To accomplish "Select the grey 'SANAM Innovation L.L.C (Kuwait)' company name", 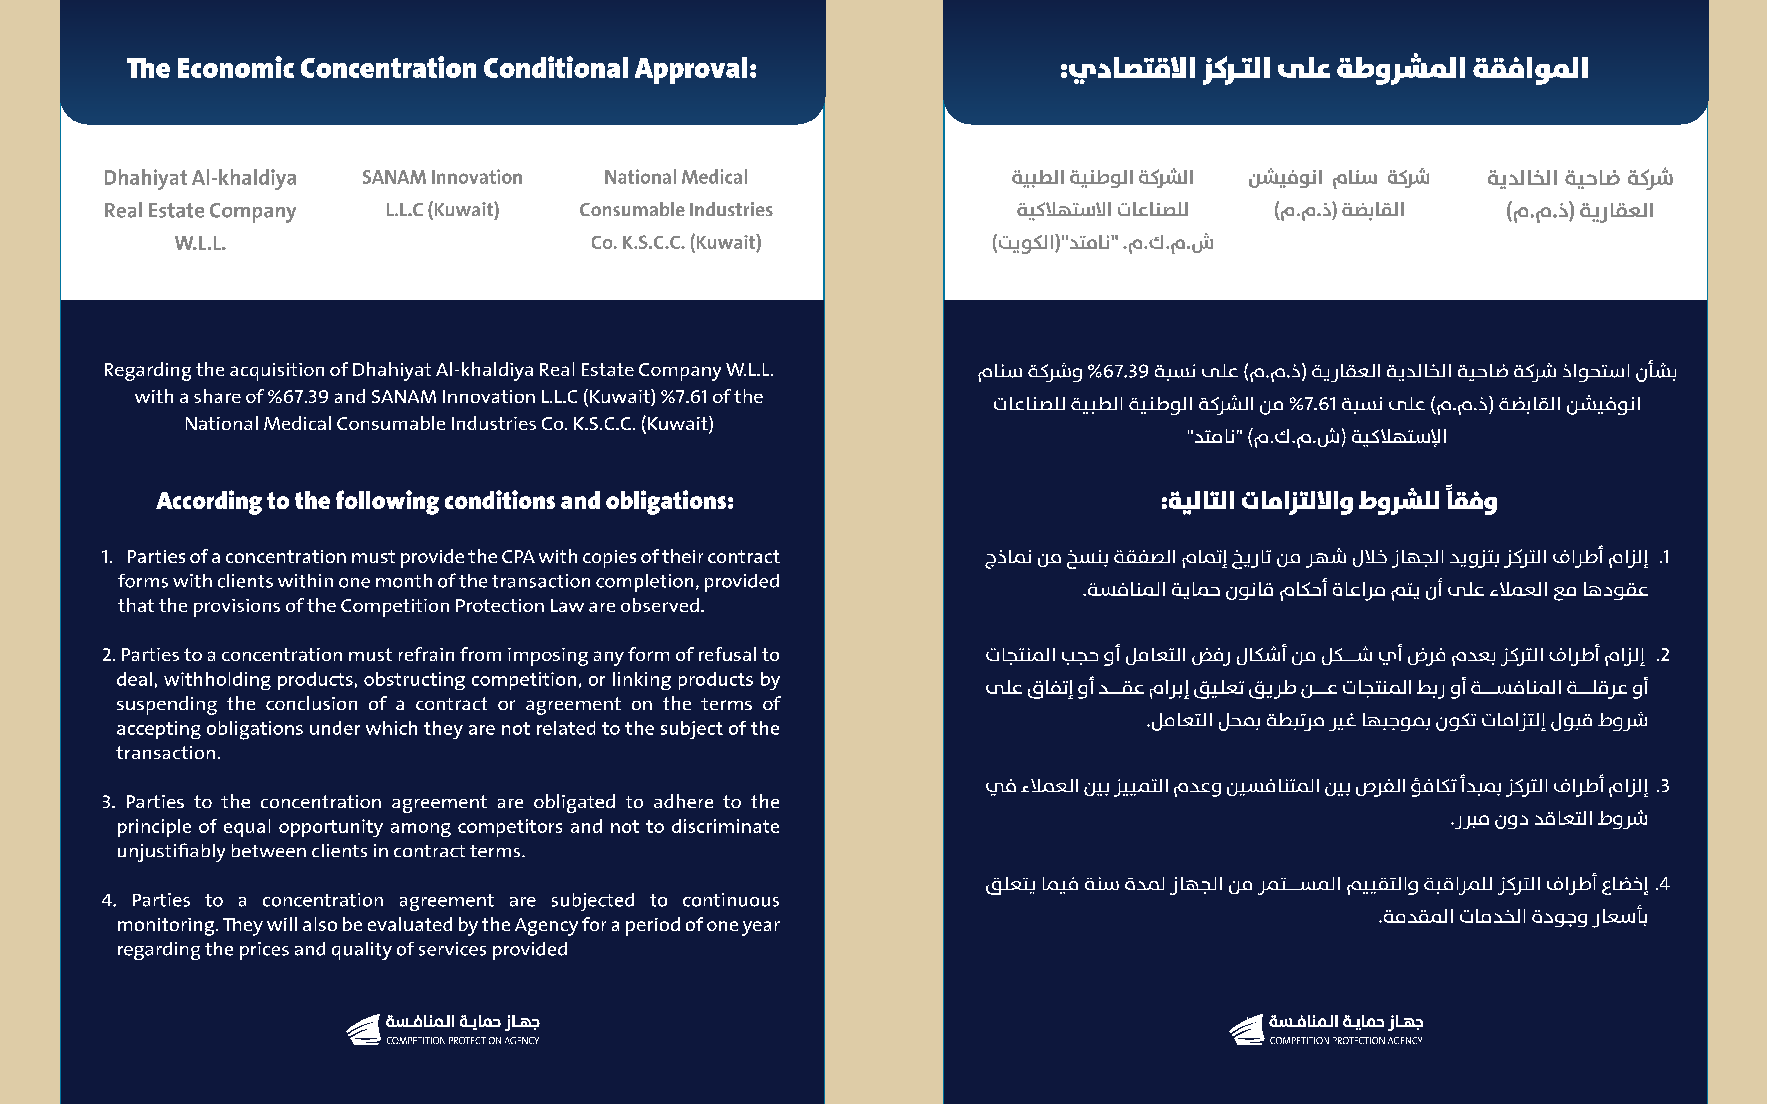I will [x=442, y=194].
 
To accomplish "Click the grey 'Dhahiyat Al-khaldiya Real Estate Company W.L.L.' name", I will [x=200, y=210].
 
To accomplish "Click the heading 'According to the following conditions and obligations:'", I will [x=445, y=501].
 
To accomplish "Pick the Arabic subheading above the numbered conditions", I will [x=1329, y=501].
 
